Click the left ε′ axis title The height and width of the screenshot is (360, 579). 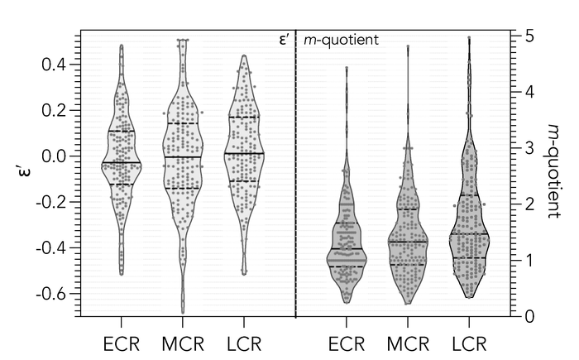coord(22,172)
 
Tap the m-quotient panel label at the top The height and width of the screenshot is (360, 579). coord(341,40)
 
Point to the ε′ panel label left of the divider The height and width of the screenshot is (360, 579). coord(283,40)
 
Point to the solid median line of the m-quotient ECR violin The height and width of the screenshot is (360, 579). coord(347,249)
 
